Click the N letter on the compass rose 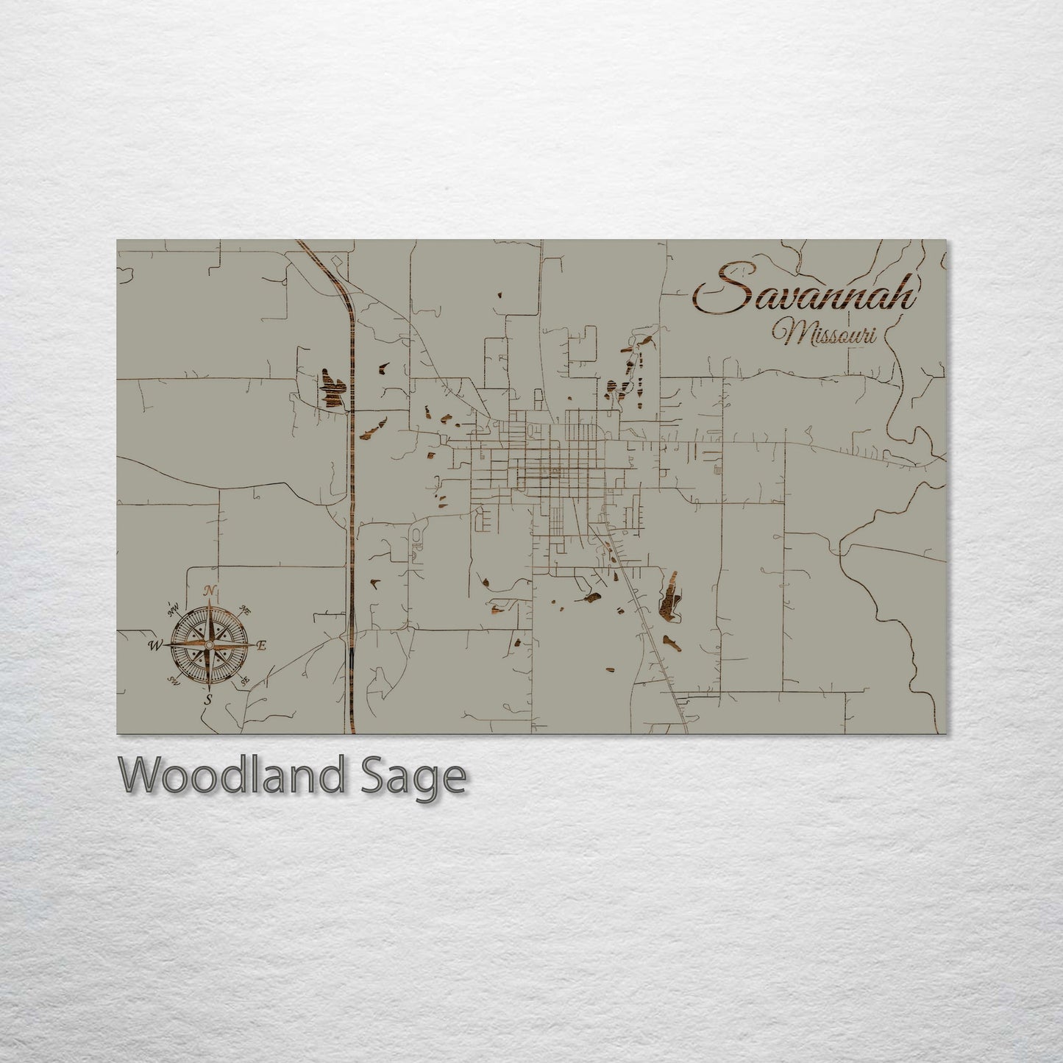210,591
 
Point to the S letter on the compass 209,699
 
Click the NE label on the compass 246,610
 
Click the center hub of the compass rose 210,645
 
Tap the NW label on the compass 174,608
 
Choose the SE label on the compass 245,680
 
